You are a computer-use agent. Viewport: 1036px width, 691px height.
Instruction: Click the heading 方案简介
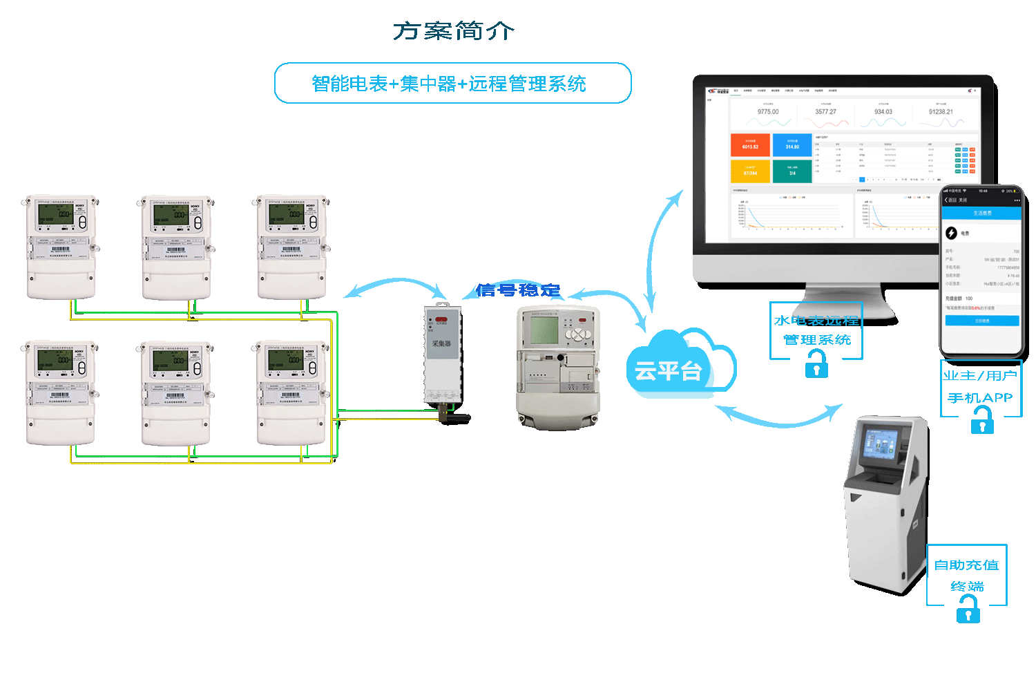pos(454,31)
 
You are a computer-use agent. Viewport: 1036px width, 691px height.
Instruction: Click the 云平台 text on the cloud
pos(667,372)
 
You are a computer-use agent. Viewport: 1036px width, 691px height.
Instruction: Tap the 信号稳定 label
pos(518,290)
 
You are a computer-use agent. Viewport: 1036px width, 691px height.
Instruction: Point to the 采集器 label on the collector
pos(441,343)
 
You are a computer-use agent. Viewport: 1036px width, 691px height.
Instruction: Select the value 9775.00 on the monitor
pos(767,112)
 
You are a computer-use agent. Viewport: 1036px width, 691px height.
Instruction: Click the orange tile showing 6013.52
pos(750,145)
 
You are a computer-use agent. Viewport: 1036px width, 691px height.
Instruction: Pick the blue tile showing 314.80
pos(792,145)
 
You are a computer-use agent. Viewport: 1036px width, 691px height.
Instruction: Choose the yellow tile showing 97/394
pos(750,171)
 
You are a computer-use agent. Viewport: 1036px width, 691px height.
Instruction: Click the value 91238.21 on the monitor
pos(941,112)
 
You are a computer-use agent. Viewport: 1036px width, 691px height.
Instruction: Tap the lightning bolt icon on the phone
pos(951,233)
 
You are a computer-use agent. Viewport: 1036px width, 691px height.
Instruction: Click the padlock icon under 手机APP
pos(981,420)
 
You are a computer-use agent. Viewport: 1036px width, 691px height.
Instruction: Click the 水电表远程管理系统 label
pos(816,330)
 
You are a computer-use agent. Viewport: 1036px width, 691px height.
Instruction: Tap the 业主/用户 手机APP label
pos(980,387)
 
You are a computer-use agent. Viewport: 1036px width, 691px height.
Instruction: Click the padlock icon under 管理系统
pos(816,364)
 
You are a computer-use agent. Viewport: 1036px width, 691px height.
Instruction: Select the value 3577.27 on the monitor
pos(825,112)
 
